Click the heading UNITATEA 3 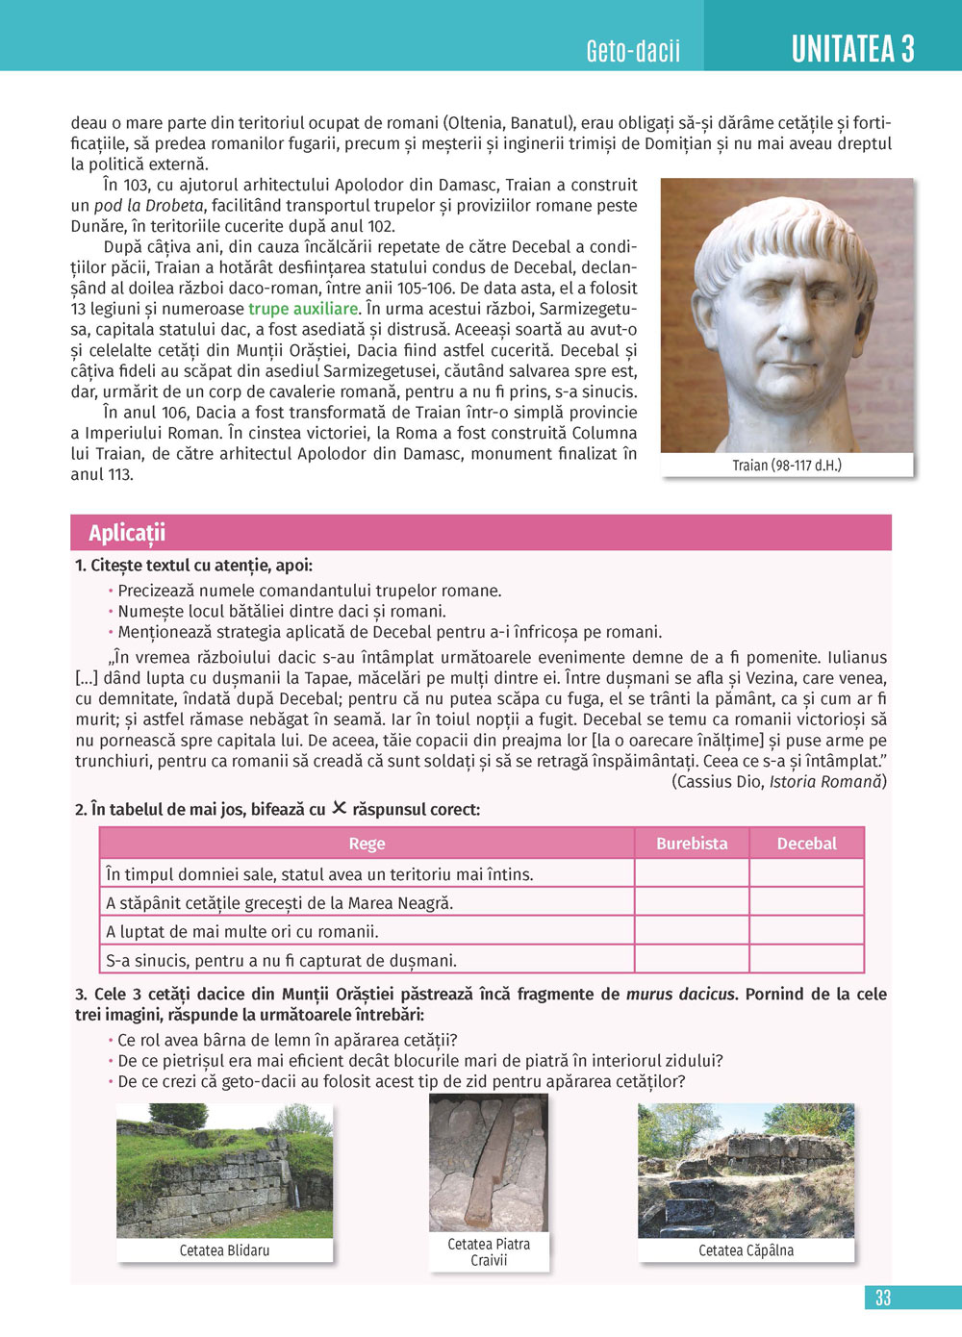[x=852, y=48]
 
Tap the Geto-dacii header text [x=633, y=51]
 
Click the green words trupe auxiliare [x=303, y=309]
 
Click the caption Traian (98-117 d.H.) [x=786, y=466]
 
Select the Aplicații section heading [x=127, y=533]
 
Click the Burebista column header [x=692, y=844]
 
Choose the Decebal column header [x=806, y=844]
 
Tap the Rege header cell [x=367, y=844]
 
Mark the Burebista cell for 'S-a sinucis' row [x=692, y=960]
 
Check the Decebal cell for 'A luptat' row [x=806, y=931]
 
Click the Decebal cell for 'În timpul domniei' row [x=806, y=873]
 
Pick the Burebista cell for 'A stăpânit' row [x=692, y=902]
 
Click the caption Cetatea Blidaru [x=224, y=1250]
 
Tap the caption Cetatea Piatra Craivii [x=489, y=1251]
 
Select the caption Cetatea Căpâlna [x=746, y=1250]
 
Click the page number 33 [x=883, y=1298]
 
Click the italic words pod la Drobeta [x=149, y=205]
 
